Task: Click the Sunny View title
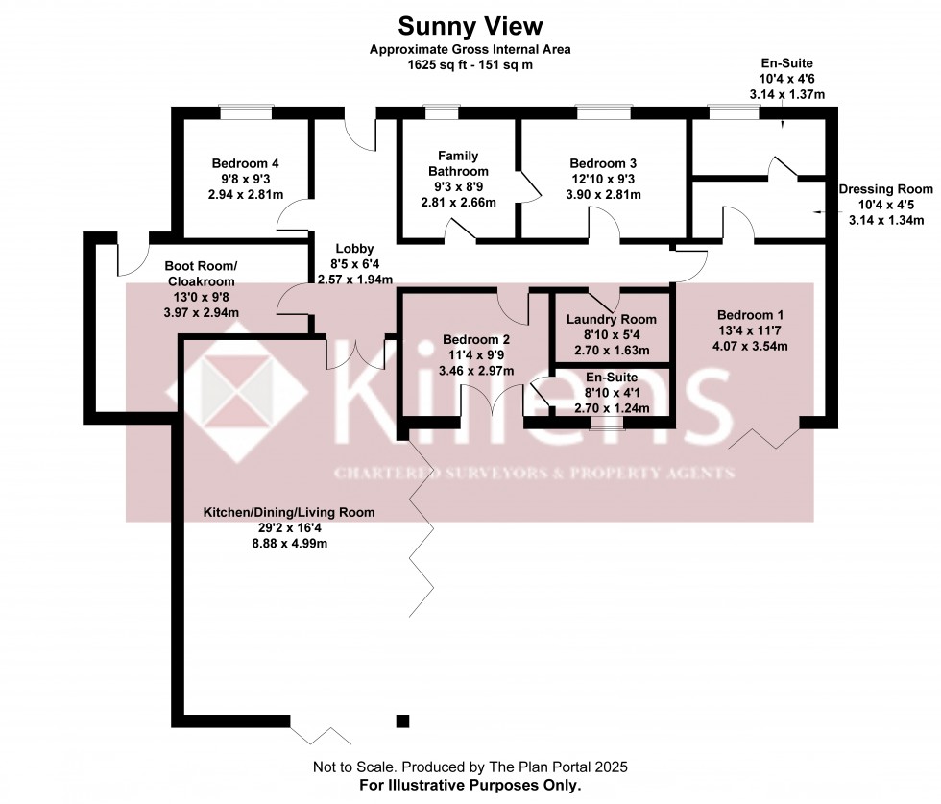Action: [470, 26]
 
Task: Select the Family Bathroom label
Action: [458, 163]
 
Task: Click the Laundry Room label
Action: [612, 320]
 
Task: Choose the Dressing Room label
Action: [885, 190]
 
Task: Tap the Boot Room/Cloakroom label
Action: [201, 273]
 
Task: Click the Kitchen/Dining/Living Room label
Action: [288, 513]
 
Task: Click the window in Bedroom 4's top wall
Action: [245, 112]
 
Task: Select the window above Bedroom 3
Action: [603, 112]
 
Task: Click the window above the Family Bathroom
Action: [441, 112]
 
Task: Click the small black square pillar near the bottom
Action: [402, 720]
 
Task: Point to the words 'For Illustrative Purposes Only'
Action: [470, 785]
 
